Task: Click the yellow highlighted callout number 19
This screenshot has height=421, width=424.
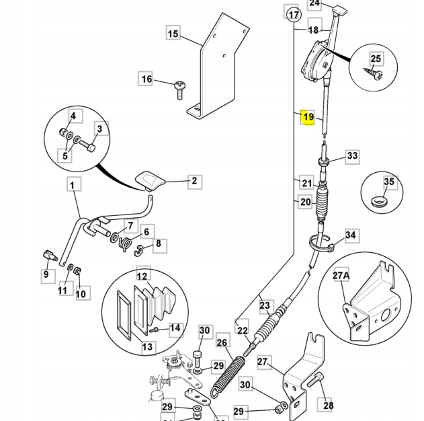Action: click(x=308, y=117)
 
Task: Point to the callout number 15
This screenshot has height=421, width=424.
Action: click(x=173, y=34)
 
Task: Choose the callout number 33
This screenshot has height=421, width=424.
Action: click(x=352, y=157)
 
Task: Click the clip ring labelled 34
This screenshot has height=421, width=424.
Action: click(x=319, y=243)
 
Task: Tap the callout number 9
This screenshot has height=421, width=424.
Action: click(x=46, y=274)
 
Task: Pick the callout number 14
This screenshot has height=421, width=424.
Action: click(x=175, y=328)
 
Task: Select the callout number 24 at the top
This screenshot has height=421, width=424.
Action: click(x=315, y=3)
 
